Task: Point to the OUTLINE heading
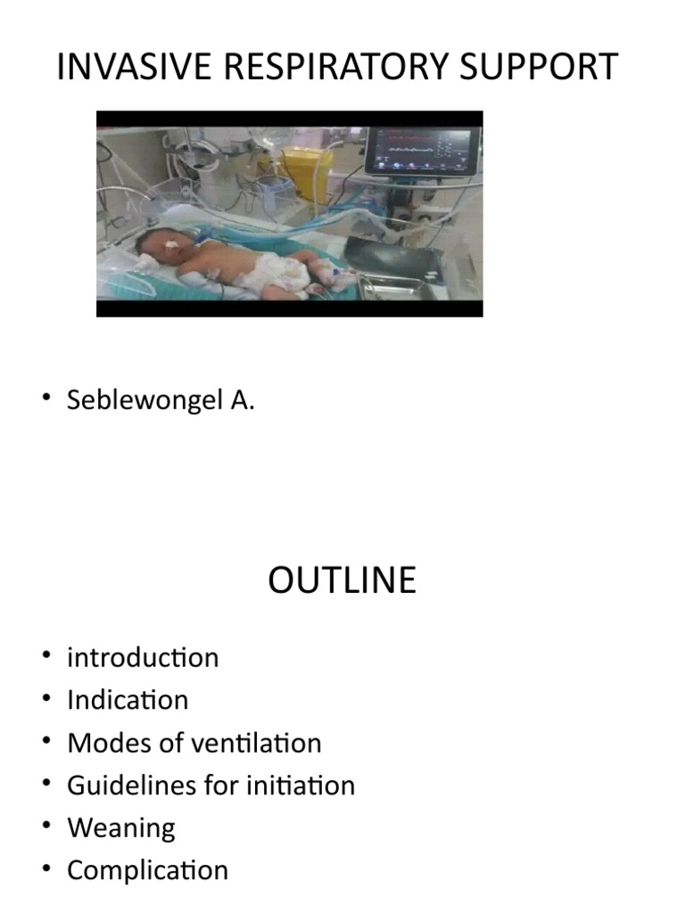click(342, 580)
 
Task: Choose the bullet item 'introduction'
click(143, 658)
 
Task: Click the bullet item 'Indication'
click(128, 700)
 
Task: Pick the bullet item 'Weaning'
click(121, 827)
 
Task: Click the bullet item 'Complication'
click(147, 870)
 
